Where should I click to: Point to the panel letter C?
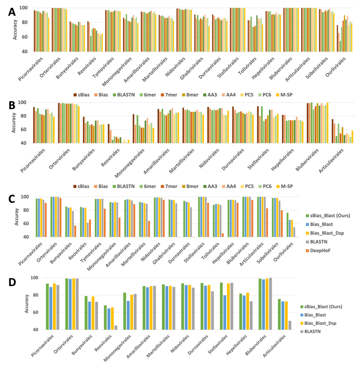pyautogui.click(x=12, y=199)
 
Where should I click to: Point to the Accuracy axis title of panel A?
pyautogui.click(x=15, y=30)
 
